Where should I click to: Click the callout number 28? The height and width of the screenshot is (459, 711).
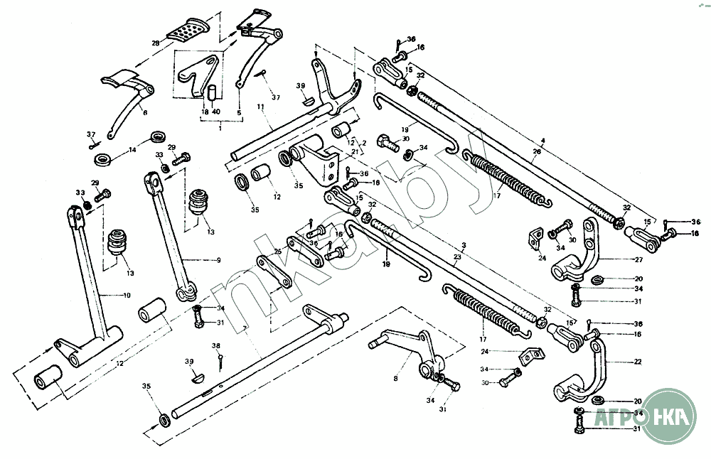click(x=155, y=43)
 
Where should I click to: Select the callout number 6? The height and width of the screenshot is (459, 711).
click(x=145, y=112)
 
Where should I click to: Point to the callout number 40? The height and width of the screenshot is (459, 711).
click(x=217, y=112)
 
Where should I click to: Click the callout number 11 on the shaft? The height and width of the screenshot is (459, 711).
click(x=260, y=106)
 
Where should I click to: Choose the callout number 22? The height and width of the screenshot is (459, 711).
click(x=638, y=362)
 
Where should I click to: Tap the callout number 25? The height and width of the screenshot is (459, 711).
click(x=278, y=252)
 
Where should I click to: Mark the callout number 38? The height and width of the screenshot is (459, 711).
click(x=216, y=345)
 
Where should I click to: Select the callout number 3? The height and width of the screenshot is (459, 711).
click(x=464, y=244)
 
